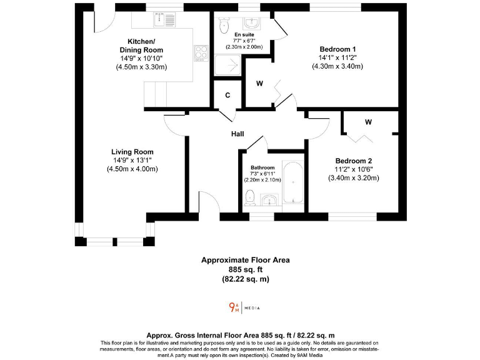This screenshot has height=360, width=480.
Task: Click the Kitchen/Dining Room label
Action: [x=141, y=46]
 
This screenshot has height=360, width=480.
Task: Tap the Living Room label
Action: [x=132, y=152]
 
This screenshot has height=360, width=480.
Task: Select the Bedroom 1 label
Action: [x=337, y=49]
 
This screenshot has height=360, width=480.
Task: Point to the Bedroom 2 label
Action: [x=353, y=160]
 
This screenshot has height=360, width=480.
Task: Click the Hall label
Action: [x=237, y=134]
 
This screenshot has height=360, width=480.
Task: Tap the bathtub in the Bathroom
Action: [x=292, y=182]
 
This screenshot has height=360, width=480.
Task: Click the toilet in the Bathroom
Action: [x=250, y=197]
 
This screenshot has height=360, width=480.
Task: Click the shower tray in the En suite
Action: [x=227, y=64]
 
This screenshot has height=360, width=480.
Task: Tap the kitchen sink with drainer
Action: [x=164, y=20]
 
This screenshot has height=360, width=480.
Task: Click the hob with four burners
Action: [x=201, y=53]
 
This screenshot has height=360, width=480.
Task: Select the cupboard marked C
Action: [x=227, y=96]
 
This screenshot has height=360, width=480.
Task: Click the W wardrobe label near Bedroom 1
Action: [x=259, y=82]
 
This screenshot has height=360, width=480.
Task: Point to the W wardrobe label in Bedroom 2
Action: [x=368, y=122]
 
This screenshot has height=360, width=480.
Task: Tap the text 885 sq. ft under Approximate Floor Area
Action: [x=245, y=269]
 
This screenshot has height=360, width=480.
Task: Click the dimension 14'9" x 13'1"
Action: [x=132, y=161]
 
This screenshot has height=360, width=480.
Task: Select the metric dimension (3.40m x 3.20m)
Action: [x=353, y=177]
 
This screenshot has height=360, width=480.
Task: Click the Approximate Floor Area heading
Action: [x=245, y=260]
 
